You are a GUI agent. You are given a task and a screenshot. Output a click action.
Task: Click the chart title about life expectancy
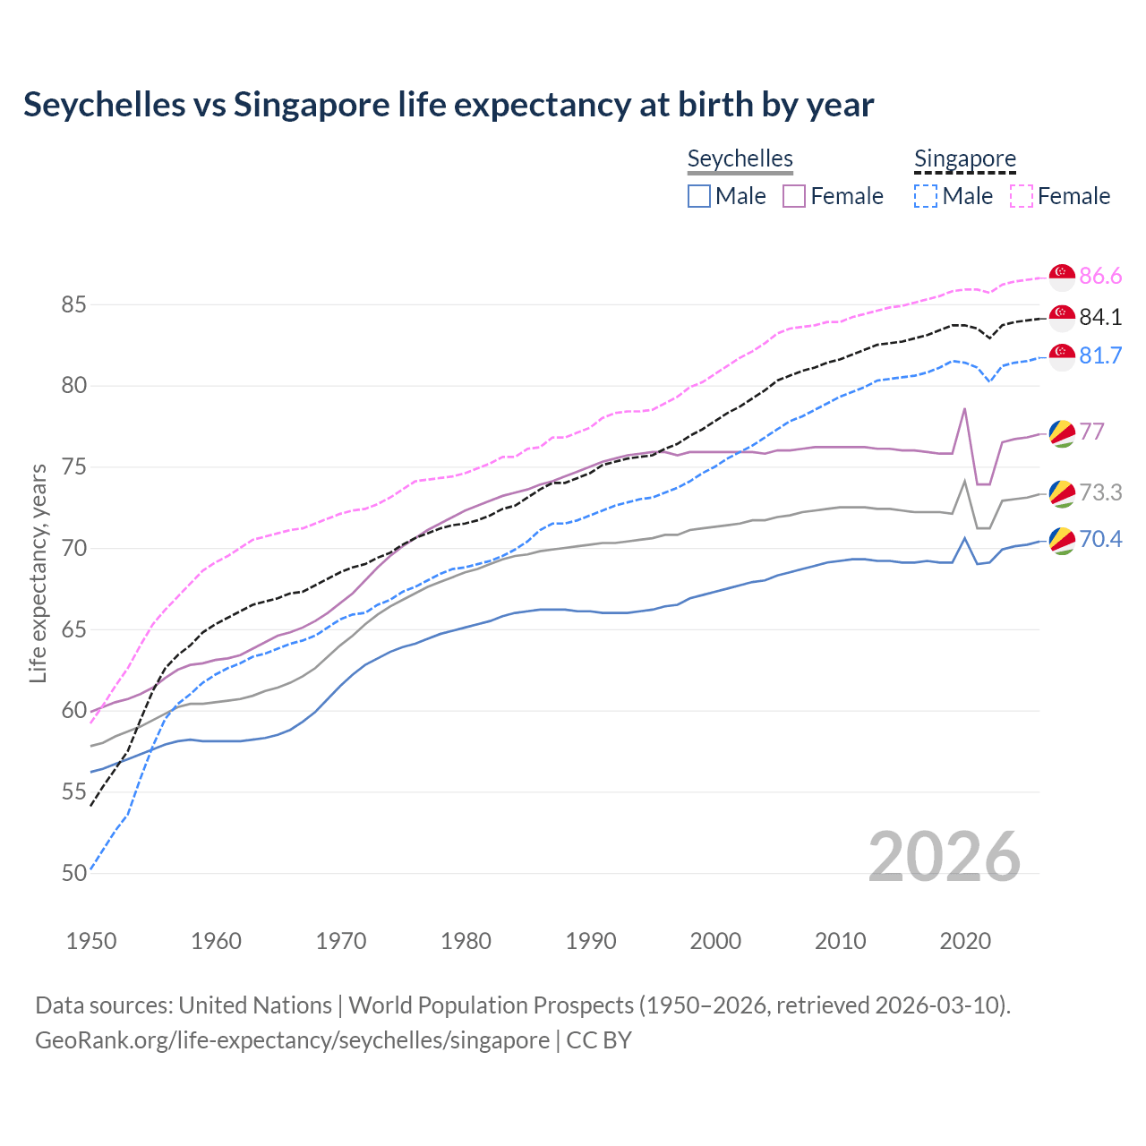tap(448, 105)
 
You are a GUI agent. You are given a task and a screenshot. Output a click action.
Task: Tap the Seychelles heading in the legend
tap(740, 158)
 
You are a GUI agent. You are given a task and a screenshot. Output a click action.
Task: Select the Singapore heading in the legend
tap(964, 158)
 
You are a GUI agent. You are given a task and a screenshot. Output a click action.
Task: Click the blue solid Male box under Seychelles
tap(699, 196)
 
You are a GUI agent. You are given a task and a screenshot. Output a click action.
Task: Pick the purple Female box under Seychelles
tap(794, 196)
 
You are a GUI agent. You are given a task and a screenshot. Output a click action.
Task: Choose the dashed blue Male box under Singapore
tap(926, 196)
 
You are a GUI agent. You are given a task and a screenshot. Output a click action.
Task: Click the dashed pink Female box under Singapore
tap(1021, 196)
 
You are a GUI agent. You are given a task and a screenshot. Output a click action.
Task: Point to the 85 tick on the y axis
tap(73, 305)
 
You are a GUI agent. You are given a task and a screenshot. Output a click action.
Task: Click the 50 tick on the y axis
tap(73, 873)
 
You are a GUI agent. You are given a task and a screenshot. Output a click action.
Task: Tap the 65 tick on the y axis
tap(73, 629)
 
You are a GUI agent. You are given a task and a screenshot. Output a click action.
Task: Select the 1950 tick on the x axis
tap(91, 941)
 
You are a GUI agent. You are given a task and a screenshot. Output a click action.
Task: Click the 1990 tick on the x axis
tap(591, 941)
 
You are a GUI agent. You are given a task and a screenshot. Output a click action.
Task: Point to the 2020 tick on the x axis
tap(965, 941)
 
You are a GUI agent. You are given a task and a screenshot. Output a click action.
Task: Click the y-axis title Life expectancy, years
tap(38, 573)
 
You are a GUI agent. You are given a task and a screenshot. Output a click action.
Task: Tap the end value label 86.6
tap(1100, 276)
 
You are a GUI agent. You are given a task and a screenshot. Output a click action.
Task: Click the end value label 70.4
tap(1100, 539)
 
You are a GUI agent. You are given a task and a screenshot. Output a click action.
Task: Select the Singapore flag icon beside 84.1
tap(1062, 317)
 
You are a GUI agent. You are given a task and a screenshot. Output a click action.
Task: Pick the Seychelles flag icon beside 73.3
tap(1062, 492)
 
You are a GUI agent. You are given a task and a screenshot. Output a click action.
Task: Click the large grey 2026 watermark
tap(945, 857)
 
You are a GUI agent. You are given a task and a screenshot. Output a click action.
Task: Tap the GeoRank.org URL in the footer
tap(292, 1040)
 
